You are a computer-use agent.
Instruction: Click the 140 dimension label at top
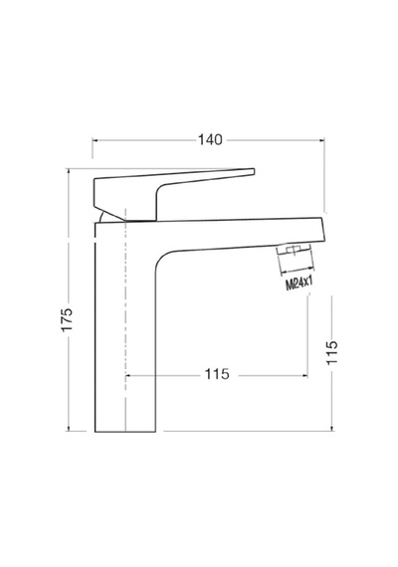point(210,139)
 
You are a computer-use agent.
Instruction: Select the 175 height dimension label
point(67,319)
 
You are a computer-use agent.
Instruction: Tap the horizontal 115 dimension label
point(217,374)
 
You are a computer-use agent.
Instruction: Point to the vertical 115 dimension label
point(331,352)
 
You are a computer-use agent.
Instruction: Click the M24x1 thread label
point(298,283)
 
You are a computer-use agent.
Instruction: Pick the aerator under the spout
point(294,251)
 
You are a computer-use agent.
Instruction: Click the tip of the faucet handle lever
point(254,172)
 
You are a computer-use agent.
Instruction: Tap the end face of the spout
point(322,229)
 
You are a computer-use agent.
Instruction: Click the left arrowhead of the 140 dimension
point(95,140)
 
